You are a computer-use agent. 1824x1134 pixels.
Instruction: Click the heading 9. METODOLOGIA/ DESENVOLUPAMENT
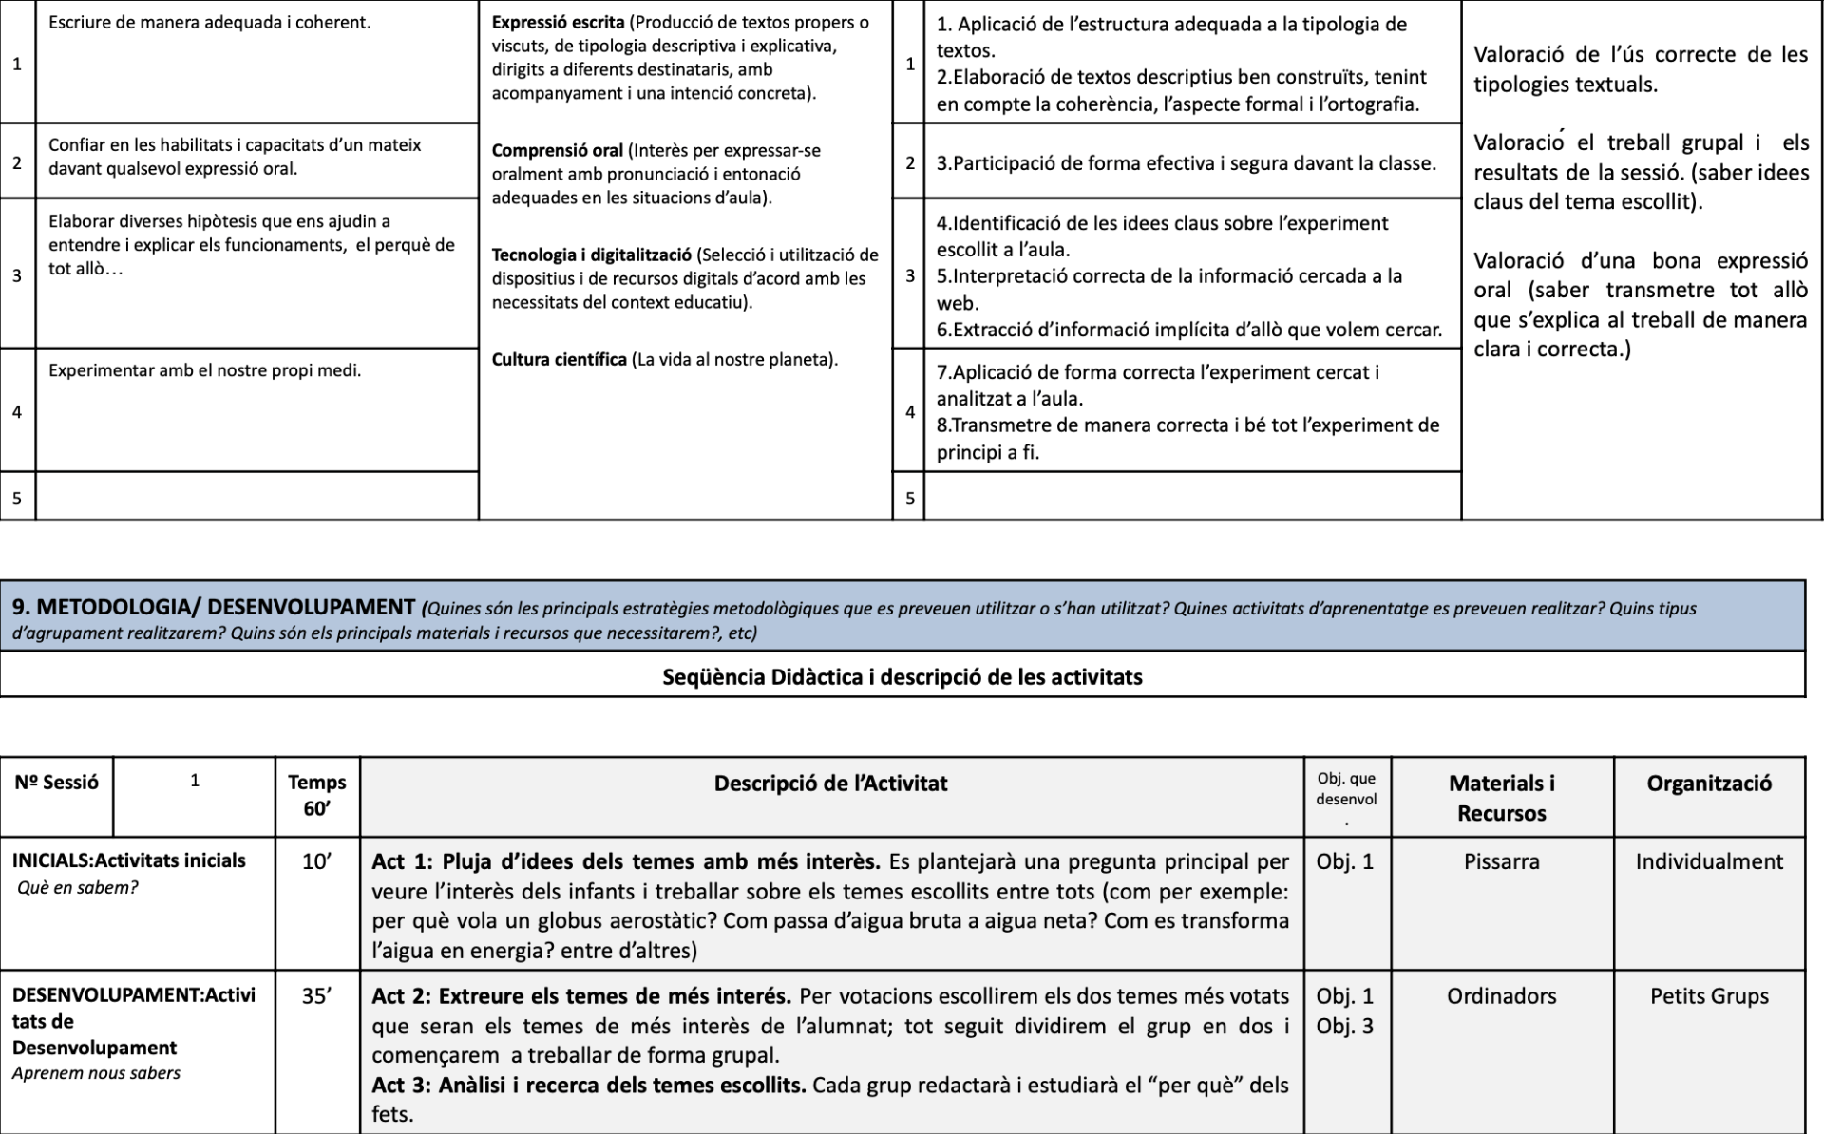pyautogui.click(x=213, y=606)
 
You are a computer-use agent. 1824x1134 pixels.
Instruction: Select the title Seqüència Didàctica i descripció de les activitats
pyautogui.click(x=902, y=676)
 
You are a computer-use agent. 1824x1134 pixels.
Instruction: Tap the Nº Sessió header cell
pyautogui.click(x=56, y=783)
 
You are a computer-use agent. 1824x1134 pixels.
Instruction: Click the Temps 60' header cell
pyautogui.click(x=317, y=795)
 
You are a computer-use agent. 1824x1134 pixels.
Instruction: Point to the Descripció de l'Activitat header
pyautogui.click(x=830, y=784)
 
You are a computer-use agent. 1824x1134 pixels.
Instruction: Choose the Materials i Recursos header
pyautogui.click(x=1501, y=798)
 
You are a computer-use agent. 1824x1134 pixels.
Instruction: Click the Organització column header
pyautogui.click(x=1708, y=784)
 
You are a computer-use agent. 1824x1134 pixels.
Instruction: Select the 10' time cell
pyautogui.click(x=317, y=861)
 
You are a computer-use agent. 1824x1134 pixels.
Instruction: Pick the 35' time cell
pyautogui.click(x=317, y=996)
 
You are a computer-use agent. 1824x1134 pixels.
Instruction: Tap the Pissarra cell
pyautogui.click(x=1501, y=861)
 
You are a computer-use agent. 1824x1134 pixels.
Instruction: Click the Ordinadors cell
pyautogui.click(x=1501, y=996)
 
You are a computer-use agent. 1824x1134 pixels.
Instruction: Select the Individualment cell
pyautogui.click(x=1708, y=861)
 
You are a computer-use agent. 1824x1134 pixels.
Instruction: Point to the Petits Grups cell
pyautogui.click(x=1708, y=996)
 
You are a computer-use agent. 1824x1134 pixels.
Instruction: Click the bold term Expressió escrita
pyautogui.click(x=558, y=22)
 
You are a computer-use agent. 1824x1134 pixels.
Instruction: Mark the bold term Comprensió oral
pyautogui.click(x=557, y=150)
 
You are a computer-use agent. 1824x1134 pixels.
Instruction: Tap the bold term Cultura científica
pyautogui.click(x=559, y=359)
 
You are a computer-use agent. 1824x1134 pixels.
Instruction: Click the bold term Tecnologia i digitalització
pyautogui.click(x=591, y=255)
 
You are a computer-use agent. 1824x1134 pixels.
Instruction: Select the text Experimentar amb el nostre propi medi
pyautogui.click(x=204, y=370)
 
